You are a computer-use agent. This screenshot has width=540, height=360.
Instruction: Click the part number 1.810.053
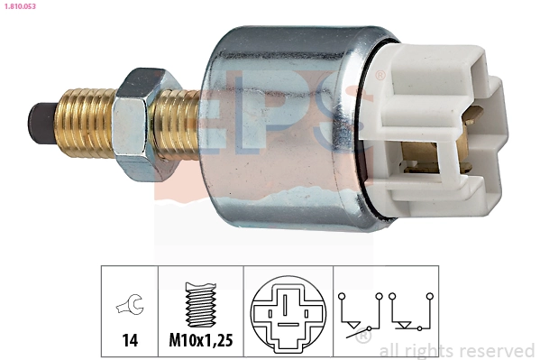(20, 6)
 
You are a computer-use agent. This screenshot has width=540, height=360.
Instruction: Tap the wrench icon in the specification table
(130, 304)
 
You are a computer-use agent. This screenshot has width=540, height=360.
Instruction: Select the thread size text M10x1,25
(201, 340)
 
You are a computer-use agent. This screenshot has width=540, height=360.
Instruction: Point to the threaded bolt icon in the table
(201, 304)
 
